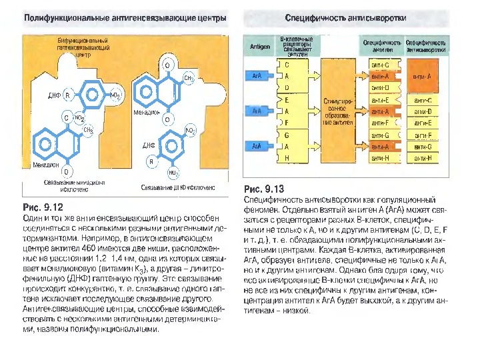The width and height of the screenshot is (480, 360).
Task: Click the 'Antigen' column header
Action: click(x=260, y=47)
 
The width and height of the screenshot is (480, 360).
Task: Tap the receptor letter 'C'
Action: click(x=287, y=65)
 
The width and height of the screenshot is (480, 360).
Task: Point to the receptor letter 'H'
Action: click(x=287, y=158)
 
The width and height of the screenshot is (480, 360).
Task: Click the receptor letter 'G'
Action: click(x=287, y=135)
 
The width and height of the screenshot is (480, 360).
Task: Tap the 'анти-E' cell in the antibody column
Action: click(x=385, y=100)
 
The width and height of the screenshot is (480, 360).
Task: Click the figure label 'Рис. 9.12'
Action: click(x=42, y=206)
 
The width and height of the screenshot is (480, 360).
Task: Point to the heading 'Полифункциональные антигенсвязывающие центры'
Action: click(x=125, y=16)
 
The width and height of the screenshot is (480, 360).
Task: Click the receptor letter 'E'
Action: click(x=287, y=100)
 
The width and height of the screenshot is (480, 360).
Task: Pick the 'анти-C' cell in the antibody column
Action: click(x=385, y=65)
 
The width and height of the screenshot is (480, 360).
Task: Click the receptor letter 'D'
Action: click(x=287, y=88)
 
